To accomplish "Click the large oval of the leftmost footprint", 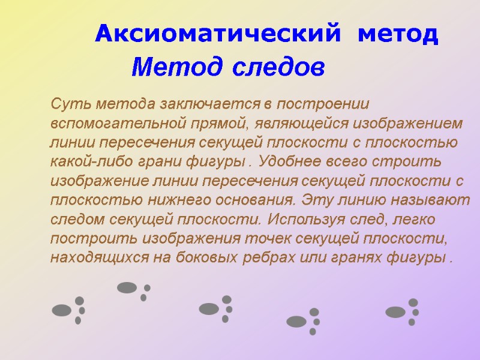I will coord(62,310).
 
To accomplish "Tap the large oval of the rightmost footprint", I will coord(395,311).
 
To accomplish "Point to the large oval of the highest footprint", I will coord(127,287).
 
